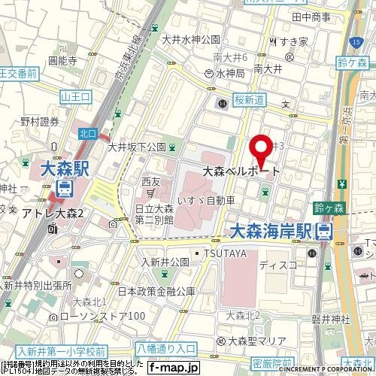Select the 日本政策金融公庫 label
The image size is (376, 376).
click(156, 290)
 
